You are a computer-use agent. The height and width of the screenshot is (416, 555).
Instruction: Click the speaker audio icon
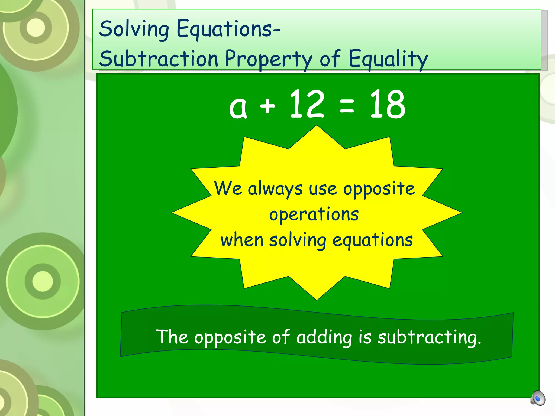(x=538, y=398)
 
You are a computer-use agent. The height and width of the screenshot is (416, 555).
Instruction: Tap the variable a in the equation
(x=238, y=107)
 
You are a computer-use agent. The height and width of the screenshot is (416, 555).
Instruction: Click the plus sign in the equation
(x=267, y=106)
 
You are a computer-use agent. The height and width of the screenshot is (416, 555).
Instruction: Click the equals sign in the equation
(x=347, y=106)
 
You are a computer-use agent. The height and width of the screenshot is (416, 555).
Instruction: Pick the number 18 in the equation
(x=387, y=105)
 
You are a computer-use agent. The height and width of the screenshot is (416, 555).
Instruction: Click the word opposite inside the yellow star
(x=379, y=189)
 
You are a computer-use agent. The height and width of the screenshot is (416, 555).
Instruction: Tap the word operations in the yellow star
(x=314, y=214)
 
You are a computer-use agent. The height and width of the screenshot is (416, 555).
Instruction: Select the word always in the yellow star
(x=275, y=189)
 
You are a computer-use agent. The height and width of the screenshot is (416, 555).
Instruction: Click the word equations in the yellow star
(x=372, y=240)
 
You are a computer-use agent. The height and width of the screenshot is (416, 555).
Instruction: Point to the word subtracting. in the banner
(x=429, y=337)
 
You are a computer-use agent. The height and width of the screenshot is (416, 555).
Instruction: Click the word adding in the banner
(x=324, y=337)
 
